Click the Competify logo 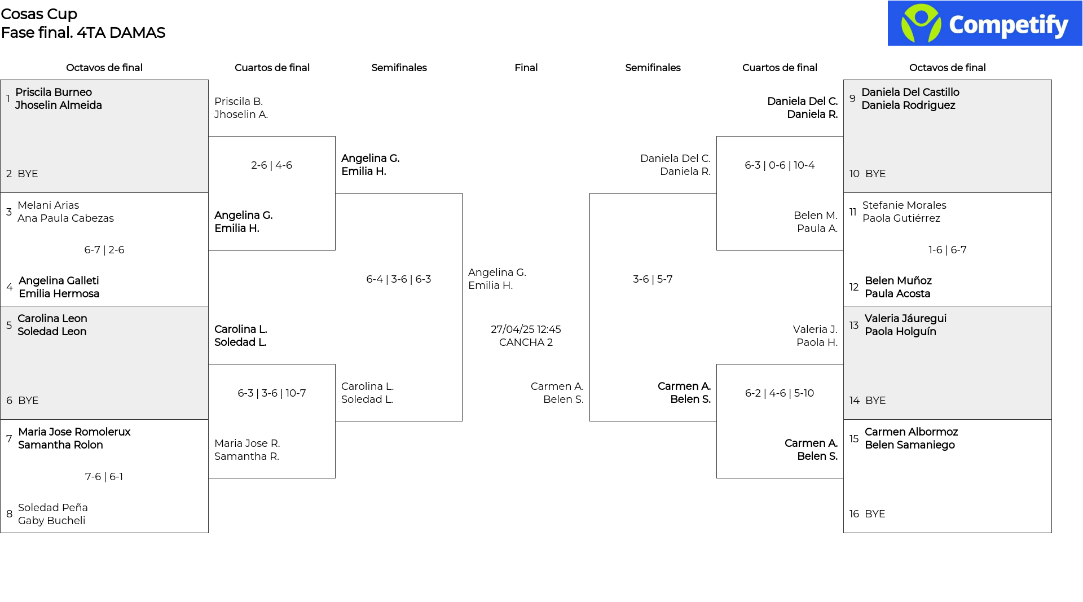[985, 23]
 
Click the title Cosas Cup [39, 14]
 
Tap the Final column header [526, 68]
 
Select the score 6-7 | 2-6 [104, 250]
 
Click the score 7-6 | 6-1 [104, 477]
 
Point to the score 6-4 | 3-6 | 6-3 [399, 279]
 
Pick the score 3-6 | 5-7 [653, 279]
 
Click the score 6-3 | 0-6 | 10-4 [780, 165]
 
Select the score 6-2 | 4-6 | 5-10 [780, 393]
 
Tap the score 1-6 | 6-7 [948, 250]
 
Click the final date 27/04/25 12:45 [526, 329]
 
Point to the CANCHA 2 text [526, 342]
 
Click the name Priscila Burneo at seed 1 [54, 93]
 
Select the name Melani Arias [49, 205]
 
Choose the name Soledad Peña [53, 508]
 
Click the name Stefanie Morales [904, 205]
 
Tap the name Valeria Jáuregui [905, 319]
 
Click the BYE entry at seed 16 [875, 514]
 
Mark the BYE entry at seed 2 [28, 174]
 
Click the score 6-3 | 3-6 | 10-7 [272, 393]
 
